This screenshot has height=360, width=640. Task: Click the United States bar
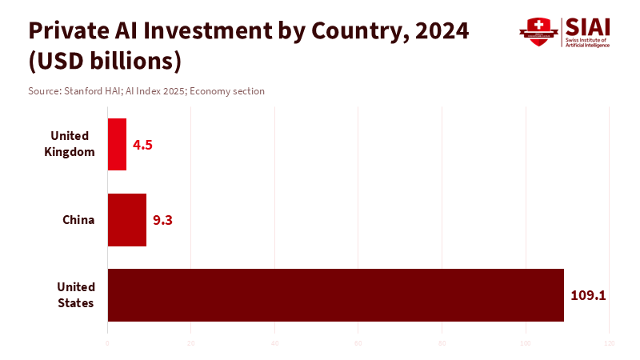(336, 295)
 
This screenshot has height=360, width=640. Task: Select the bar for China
(127, 220)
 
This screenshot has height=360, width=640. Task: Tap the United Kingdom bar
(117, 144)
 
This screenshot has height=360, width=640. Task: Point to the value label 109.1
(588, 295)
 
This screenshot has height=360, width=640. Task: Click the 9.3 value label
(162, 220)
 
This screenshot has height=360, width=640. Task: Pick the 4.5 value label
(142, 145)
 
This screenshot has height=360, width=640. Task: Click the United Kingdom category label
(70, 144)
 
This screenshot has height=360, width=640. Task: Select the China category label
(78, 220)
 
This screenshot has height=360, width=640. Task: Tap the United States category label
(76, 295)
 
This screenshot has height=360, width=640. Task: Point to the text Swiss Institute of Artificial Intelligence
(587, 43)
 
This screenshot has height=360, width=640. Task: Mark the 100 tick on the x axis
(526, 344)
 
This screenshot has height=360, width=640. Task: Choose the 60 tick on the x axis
(358, 344)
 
